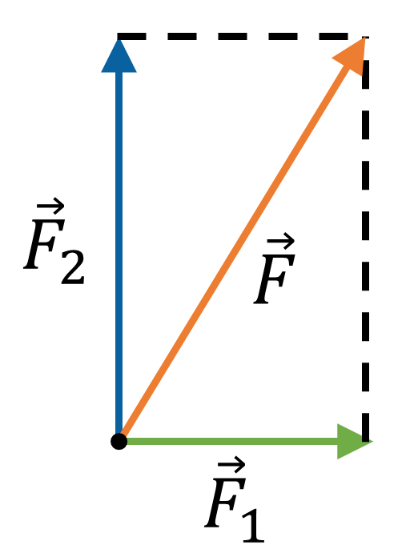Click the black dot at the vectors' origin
tap(119, 441)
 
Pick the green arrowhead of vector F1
tap(354, 441)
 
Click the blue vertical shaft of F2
tap(119, 252)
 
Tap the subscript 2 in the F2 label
tap(73, 266)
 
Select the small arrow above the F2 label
tap(50, 206)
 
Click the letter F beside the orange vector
tap(274, 279)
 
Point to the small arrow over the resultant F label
tap(280, 242)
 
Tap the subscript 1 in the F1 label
tap(253, 524)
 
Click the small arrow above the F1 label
tap(231, 466)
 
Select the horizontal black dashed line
tap(243, 36)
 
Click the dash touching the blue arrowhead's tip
tap(131, 36)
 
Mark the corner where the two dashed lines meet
tap(365, 36)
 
